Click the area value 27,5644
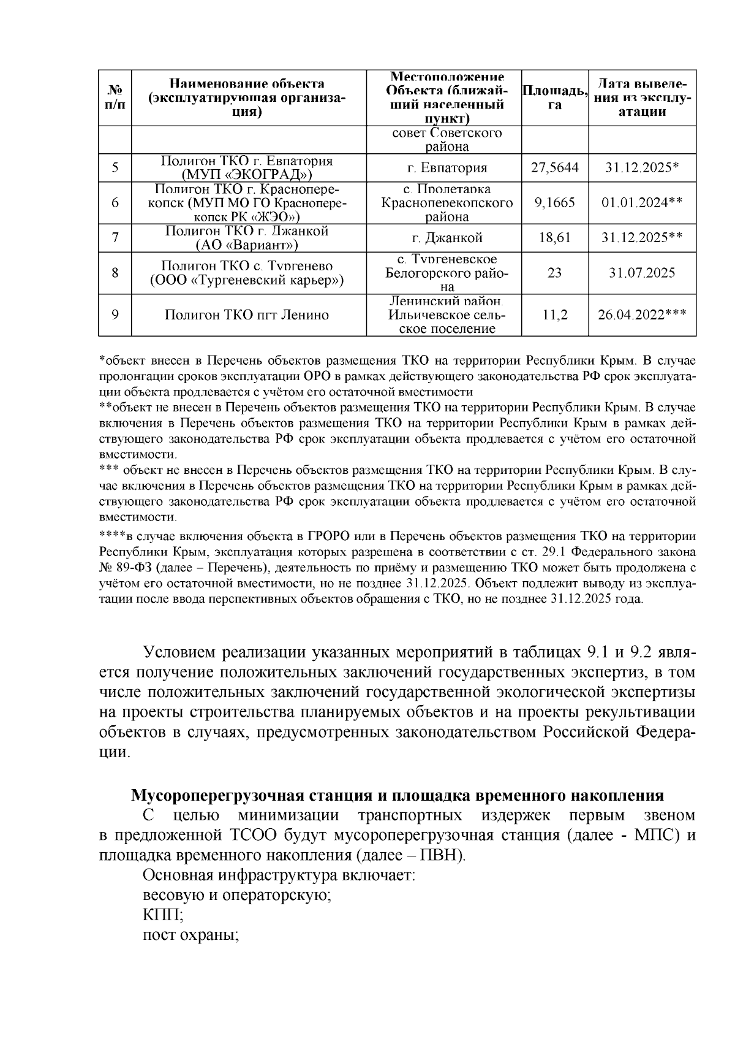point(554,167)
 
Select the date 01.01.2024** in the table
point(642,203)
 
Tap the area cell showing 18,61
point(554,238)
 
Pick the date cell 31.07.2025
point(642,273)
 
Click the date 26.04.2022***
point(642,315)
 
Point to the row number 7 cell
point(115,238)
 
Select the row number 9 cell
point(115,315)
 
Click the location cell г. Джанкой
point(444,238)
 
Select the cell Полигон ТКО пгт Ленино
point(247,315)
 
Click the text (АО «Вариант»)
point(247,245)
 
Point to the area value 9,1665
point(554,203)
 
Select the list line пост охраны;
point(190,936)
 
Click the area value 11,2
point(554,315)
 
